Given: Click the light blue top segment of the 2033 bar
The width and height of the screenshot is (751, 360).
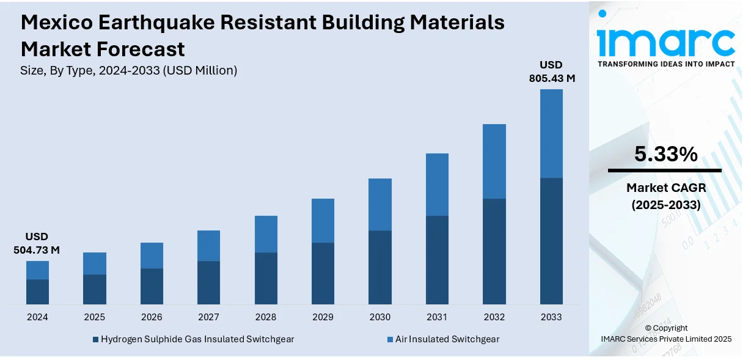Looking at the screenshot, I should point(551,133).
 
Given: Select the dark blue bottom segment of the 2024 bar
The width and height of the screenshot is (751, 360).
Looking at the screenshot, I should point(37,292).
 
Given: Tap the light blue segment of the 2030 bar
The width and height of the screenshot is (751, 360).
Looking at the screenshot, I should point(380,204).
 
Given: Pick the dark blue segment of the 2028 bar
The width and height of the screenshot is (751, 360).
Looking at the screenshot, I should point(266,278).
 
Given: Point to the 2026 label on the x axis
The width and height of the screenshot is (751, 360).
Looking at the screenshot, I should point(152,317).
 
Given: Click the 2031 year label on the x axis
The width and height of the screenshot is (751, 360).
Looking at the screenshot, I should point(437,317).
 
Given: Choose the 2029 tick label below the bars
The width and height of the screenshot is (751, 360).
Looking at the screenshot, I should point(323,317).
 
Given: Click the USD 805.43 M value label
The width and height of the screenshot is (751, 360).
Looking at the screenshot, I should point(552,72).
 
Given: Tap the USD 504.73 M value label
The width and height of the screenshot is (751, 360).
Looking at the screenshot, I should point(37,243).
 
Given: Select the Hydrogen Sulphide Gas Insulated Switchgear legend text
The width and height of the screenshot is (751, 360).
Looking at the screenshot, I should point(197,339).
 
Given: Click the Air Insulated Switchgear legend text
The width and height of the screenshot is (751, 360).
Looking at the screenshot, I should point(447,339).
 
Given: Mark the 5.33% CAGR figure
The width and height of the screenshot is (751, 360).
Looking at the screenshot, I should point(665,155).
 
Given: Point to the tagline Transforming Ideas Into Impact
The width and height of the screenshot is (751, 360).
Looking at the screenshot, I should point(666,64).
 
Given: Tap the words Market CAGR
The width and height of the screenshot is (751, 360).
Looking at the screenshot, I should point(665,188).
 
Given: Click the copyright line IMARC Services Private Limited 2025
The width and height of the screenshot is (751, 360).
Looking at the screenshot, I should point(666,339).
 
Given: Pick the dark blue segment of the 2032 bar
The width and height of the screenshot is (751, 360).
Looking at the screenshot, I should point(494,251).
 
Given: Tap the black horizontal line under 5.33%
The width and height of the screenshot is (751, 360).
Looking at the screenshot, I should point(665,171).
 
